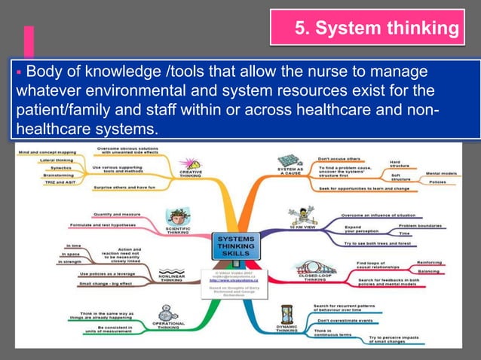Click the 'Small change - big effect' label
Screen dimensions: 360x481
point(106,283)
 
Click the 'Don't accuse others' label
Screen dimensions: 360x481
point(341,158)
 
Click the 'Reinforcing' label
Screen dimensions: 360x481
point(434,263)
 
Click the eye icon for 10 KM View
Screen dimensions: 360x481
point(290,216)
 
